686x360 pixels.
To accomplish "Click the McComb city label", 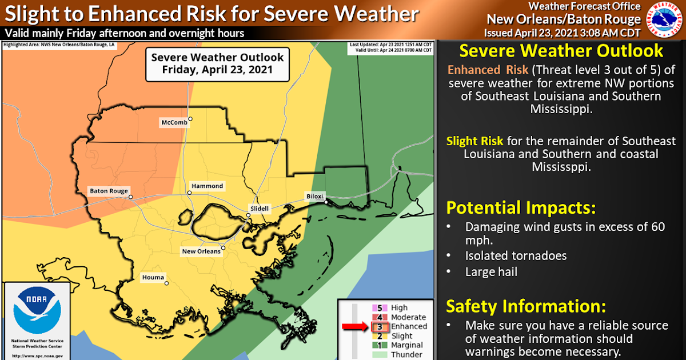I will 174,123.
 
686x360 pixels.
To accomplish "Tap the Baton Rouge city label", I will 108,191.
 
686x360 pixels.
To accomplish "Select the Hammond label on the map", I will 208,186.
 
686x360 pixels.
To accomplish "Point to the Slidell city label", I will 258,209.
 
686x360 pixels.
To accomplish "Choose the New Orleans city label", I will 201,251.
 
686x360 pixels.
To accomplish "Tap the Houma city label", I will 152,278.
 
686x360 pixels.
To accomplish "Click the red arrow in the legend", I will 355,326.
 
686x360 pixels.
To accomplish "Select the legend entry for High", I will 400,308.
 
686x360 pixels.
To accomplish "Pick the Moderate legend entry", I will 408,317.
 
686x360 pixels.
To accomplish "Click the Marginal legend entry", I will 407,345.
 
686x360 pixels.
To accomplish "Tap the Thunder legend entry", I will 405,354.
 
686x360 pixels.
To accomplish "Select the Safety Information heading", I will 525,306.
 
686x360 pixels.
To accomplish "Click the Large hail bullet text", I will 491,272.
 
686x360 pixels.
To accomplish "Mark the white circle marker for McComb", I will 191,119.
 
